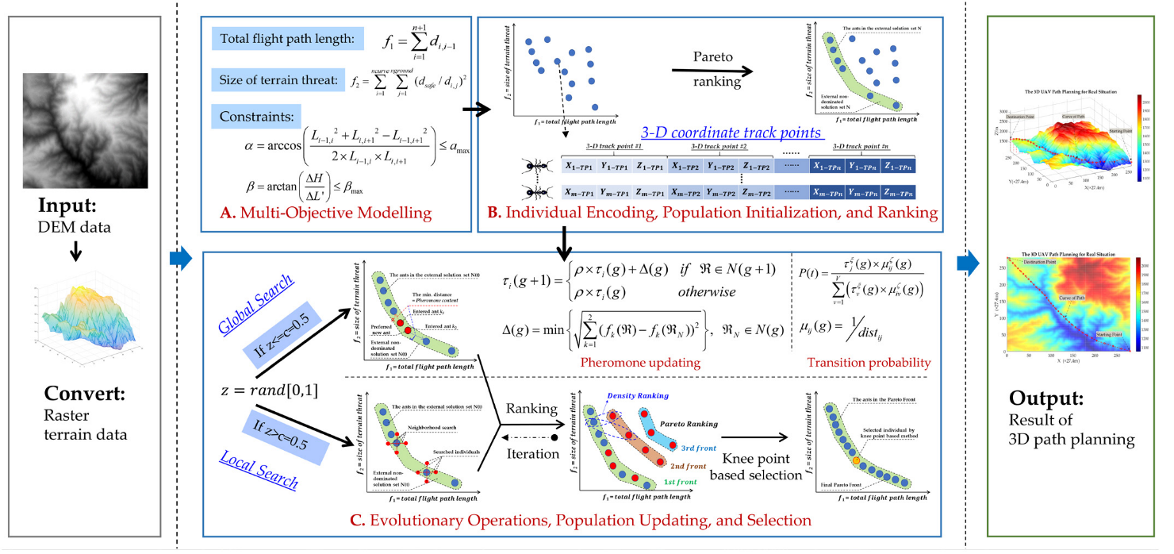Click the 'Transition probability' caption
click(x=868, y=363)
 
